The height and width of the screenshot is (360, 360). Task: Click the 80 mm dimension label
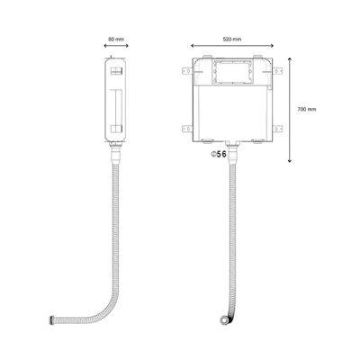pyautogui.click(x=116, y=39)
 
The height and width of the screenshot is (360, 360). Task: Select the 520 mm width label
pyautogui.click(x=232, y=39)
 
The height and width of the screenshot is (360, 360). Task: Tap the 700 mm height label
pyautogui.click(x=307, y=110)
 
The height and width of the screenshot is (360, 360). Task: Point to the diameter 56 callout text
pyautogui.click(x=219, y=154)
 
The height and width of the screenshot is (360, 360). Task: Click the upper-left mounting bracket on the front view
pyautogui.click(x=187, y=71)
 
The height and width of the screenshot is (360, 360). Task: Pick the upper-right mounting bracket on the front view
pyautogui.click(x=277, y=71)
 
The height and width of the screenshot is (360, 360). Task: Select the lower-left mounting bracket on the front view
pyautogui.click(x=187, y=129)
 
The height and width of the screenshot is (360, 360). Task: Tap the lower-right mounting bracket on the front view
pyautogui.click(x=277, y=129)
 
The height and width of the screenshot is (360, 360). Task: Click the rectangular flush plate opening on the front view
pyautogui.click(x=232, y=72)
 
